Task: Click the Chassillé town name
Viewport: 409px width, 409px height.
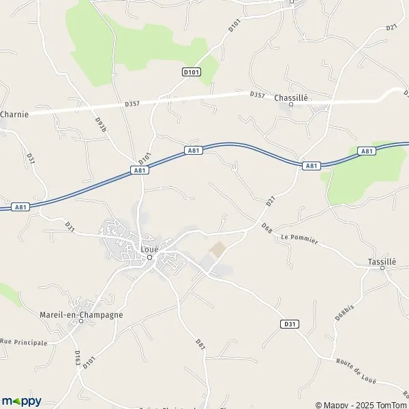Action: (x=291, y=97)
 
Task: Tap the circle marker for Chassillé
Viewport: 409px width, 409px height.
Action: (x=290, y=104)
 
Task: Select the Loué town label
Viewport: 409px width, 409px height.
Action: (x=149, y=249)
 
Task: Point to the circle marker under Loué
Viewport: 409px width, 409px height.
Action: (x=149, y=257)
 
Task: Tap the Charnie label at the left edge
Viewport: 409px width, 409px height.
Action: (x=14, y=115)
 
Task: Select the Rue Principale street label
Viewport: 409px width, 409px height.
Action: (x=24, y=342)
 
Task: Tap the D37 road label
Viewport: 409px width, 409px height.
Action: (x=31, y=157)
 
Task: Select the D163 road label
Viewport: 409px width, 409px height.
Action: (x=78, y=358)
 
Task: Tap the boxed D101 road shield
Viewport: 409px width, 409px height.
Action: (x=191, y=71)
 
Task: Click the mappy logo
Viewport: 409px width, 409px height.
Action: (x=22, y=401)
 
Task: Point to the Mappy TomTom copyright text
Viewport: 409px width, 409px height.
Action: (x=360, y=404)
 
